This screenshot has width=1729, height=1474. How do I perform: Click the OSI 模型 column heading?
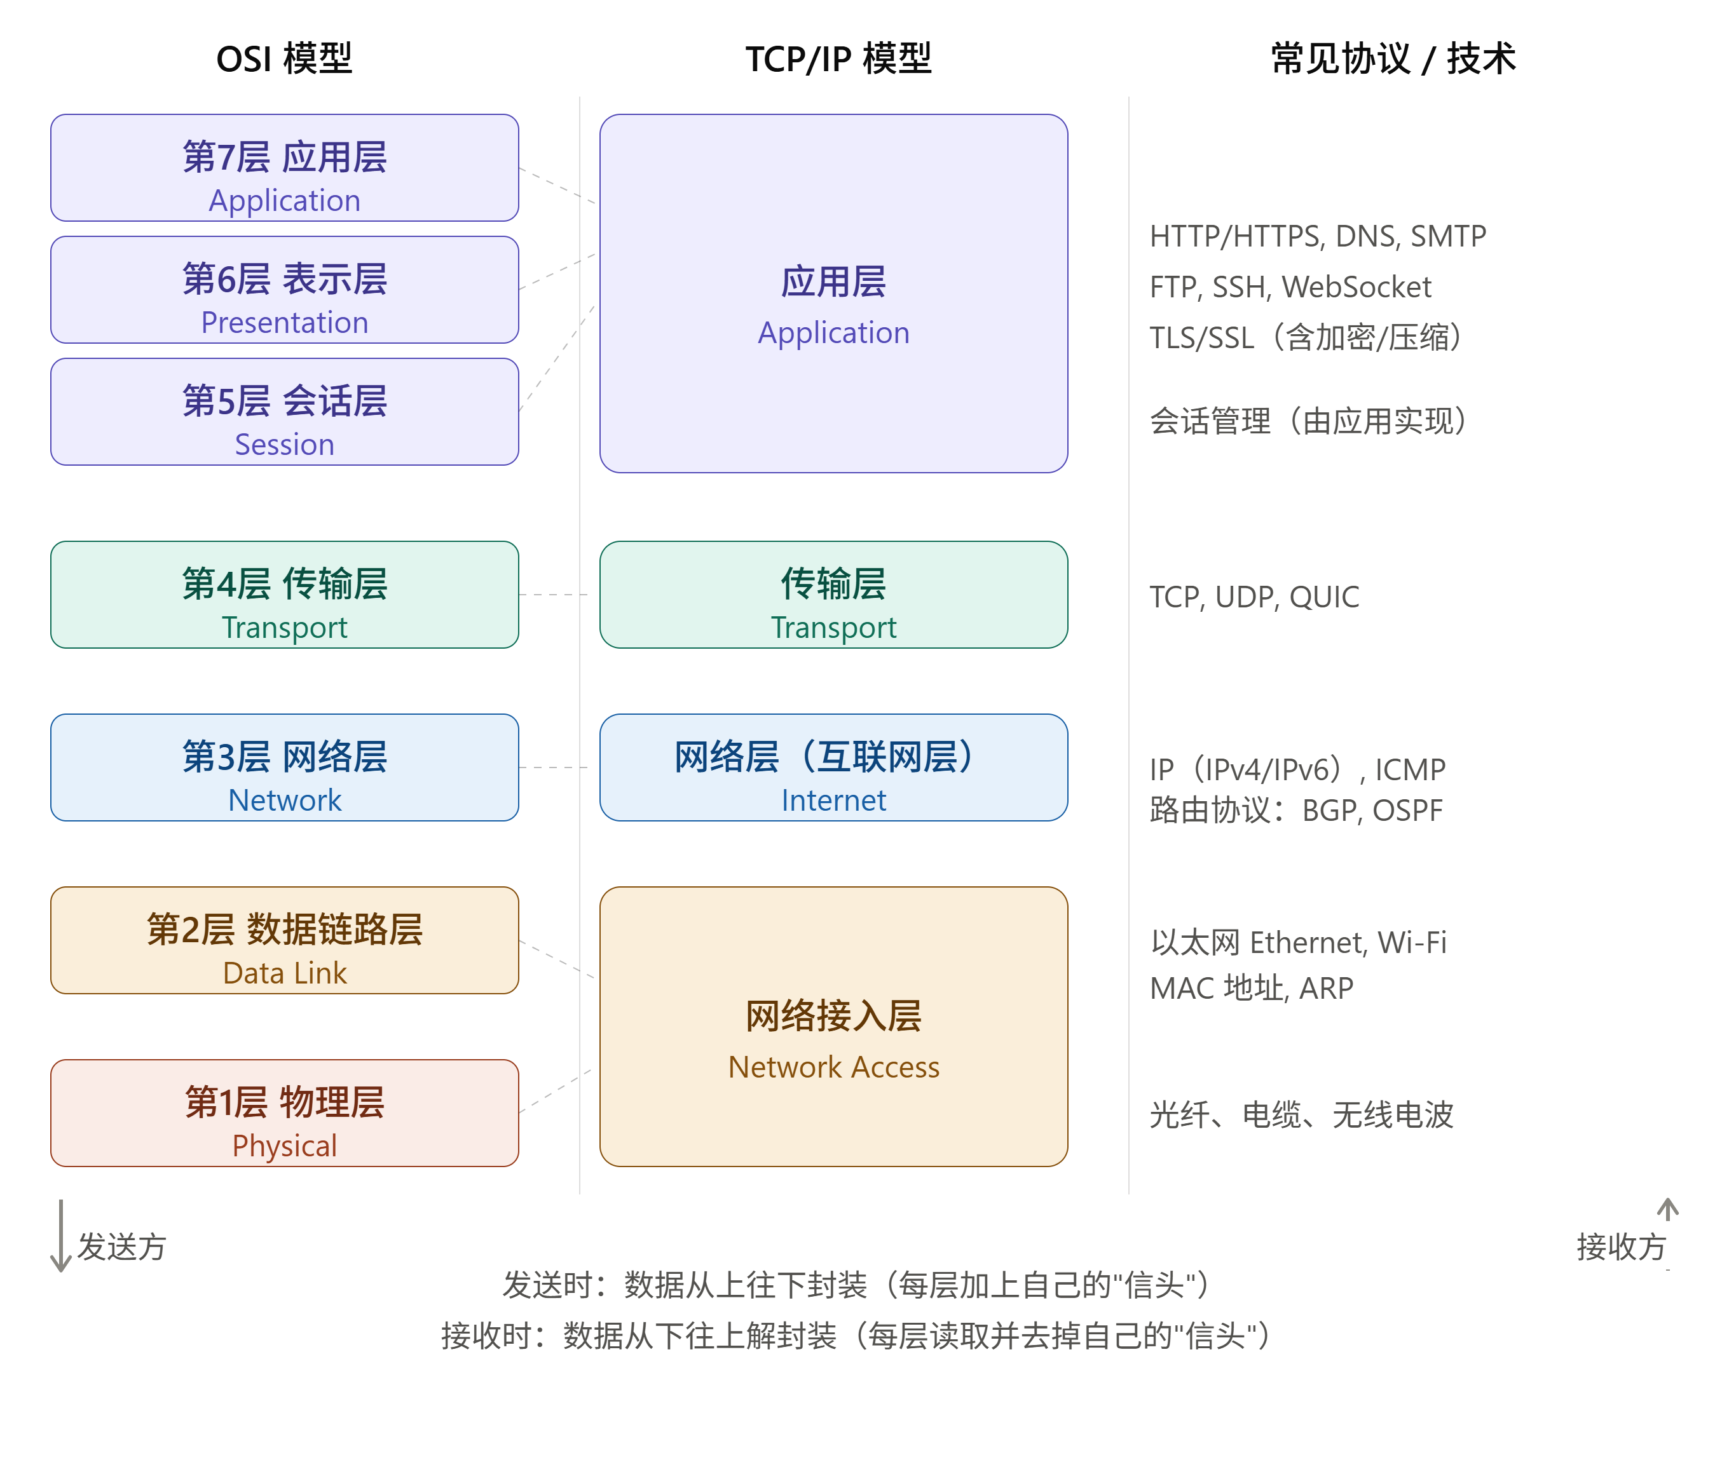[x=284, y=58]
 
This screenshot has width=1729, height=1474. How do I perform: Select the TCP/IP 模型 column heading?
[x=838, y=58]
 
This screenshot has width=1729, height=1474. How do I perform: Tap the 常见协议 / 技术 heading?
[x=1393, y=58]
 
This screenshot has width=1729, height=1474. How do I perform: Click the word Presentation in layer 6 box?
[x=285, y=322]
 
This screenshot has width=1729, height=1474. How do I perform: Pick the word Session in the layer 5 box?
[x=285, y=445]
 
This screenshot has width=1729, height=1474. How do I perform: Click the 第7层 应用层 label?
[x=285, y=157]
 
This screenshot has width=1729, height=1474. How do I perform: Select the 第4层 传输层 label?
[x=285, y=584]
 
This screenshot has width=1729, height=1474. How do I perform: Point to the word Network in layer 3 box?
[x=285, y=800]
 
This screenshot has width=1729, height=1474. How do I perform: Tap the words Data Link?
[x=285, y=973]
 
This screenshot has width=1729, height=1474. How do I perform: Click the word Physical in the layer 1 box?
[x=285, y=1146]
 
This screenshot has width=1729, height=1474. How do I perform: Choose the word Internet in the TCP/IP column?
[x=833, y=800]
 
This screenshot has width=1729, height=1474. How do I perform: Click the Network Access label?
[x=833, y=1067]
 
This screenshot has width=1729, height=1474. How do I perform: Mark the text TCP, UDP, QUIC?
[x=1254, y=597]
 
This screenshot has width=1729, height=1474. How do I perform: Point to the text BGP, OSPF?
[x=1372, y=810]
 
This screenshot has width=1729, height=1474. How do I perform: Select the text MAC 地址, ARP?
[x=1252, y=989]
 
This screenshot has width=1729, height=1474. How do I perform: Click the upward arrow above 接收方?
[x=1668, y=1210]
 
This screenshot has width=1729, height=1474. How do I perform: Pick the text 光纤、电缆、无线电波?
[x=1302, y=1114]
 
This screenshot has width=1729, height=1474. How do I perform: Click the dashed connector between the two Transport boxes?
[x=553, y=595]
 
